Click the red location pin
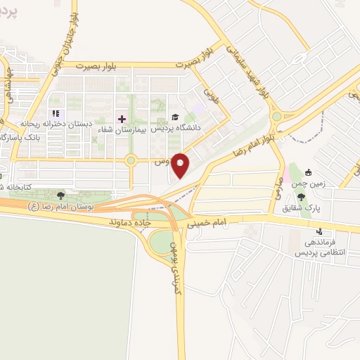[181, 165]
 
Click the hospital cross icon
[121, 118]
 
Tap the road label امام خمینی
[208, 223]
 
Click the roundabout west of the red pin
[131, 161]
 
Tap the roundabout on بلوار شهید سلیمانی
[276, 117]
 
